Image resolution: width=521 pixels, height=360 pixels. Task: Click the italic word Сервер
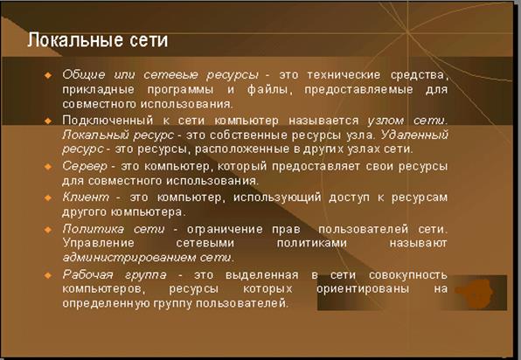[x=85, y=166]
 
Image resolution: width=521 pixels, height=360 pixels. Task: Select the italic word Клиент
[x=86, y=197]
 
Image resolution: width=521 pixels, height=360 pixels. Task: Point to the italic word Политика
[x=93, y=229]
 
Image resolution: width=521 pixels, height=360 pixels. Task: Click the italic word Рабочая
[x=87, y=274]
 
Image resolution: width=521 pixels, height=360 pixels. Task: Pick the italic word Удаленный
[x=414, y=135]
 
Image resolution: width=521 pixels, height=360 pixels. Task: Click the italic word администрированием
[x=129, y=258]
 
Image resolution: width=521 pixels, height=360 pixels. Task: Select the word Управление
[x=99, y=244]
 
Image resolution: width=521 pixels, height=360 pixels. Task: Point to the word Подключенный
[x=108, y=121]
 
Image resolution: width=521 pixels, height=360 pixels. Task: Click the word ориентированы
[x=363, y=289]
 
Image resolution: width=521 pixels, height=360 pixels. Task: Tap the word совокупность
[x=408, y=275]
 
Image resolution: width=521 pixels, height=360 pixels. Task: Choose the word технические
[x=344, y=75]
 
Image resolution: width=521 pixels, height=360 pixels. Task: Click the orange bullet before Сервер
[x=48, y=166]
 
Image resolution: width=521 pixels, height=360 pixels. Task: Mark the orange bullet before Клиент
[x=48, y=197]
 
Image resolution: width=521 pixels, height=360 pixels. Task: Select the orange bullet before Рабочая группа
[x=48, y=275]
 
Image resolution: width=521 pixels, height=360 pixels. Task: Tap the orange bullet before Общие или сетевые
[x=48, y=75]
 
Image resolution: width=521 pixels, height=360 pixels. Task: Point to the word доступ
[x=349, y=197]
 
